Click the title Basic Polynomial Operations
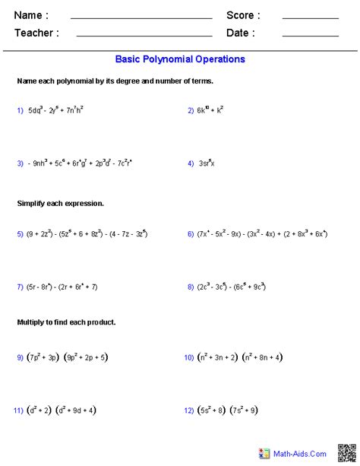pyautogui.click(x=180, y=59)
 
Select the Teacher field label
pyautogui.click(x=35, y=33)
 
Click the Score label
pyautogui.click(x=243, y=15)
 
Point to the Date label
pyautogui.click(x=240, y=33)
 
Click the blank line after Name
pyautogui.click(x=141, y=17)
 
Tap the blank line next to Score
pyautogui.click(x=310, y=17)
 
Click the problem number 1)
pyautogui.click(x=21, y=110)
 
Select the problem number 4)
pyautogui.click(x=191, y=163)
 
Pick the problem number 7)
pyautogui.click(x=21, y=287)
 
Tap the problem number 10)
pyautogui.click(x=189, y=357)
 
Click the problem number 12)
pyautogui.click(x=189, y=411)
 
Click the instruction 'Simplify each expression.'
pyautogui.click(x=60, y=204)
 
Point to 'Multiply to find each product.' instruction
pyautogui.click(x=66, y=322)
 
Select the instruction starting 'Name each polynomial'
pyautogui.click(x=115, y=81)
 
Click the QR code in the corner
pyautogui.click(x=348, y=453)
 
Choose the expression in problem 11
pyautogui.click(x=64, y=411)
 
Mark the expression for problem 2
pyautogui.click(x=211, y=110)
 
